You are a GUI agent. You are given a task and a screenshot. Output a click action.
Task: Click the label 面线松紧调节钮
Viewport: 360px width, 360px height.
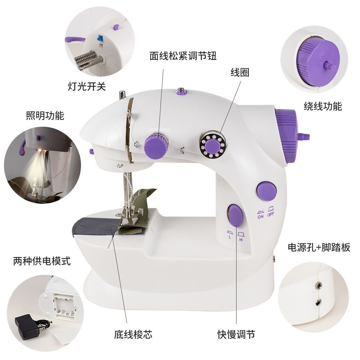coord(183,56)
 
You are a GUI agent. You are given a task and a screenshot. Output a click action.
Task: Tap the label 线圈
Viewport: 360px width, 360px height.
coord(240,73)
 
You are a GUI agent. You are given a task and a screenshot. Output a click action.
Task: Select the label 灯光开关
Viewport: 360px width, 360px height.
coord(87,86)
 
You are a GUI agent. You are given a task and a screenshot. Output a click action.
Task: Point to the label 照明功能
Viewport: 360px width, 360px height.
coord(45,116)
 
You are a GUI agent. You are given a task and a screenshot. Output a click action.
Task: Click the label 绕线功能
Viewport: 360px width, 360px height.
coord(323,106)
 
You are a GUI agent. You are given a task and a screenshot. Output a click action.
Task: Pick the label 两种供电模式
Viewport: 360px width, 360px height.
coord(42,261)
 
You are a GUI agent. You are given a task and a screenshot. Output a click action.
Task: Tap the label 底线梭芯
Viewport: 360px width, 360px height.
coord(133,334)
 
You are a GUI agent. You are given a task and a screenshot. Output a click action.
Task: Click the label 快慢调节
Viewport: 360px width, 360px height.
coord(236,334)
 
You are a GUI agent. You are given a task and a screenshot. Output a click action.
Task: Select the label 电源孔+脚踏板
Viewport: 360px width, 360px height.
coord(319,247)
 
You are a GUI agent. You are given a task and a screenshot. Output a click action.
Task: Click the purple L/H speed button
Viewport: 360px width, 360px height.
coord(235,215)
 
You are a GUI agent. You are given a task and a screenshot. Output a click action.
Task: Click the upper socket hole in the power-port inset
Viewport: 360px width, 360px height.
coord(319,285)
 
